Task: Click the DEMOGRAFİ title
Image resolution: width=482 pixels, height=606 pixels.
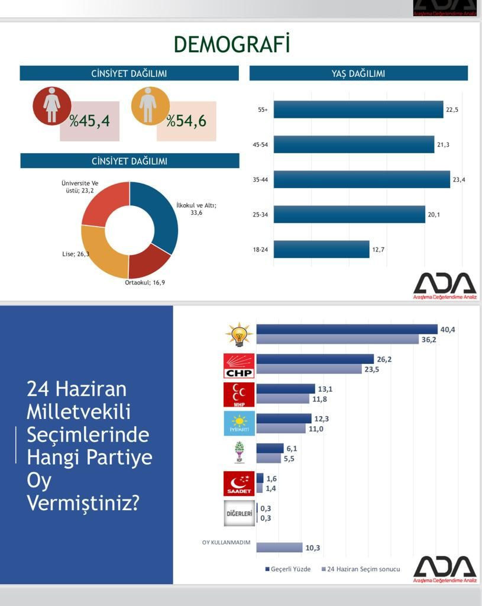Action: click(231, 44)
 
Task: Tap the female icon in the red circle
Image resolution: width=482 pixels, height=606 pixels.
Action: click(52, 106)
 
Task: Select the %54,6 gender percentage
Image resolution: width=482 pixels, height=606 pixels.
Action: click(186, 121)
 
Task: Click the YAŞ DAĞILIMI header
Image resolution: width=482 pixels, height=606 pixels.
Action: click(358, 73)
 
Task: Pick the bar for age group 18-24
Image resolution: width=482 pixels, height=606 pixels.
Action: click(321, 249)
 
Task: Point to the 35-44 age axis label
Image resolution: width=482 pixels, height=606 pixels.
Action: click(260, 179)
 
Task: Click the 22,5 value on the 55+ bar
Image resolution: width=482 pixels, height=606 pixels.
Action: click(452, 109)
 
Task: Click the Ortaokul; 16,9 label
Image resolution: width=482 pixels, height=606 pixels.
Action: click(144, 282)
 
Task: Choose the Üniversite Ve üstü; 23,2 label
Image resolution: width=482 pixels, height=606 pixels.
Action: click(80, 187)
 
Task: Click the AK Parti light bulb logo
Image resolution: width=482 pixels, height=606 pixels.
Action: click(239, 335)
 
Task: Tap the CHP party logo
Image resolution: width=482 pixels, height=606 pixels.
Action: click(239, 366)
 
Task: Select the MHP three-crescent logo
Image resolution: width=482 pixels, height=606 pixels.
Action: click(239, 395)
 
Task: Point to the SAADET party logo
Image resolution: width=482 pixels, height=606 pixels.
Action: click(239, 483)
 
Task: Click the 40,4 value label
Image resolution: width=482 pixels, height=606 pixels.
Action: click(447, 330)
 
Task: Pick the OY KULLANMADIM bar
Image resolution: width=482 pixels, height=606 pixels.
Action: click(279, 547)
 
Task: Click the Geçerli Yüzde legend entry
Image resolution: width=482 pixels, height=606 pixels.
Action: click(287, 569)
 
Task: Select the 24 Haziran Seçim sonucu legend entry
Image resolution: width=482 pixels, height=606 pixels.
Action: click(360, 569)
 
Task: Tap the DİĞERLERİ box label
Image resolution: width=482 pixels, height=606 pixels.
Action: click(239, 513)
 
